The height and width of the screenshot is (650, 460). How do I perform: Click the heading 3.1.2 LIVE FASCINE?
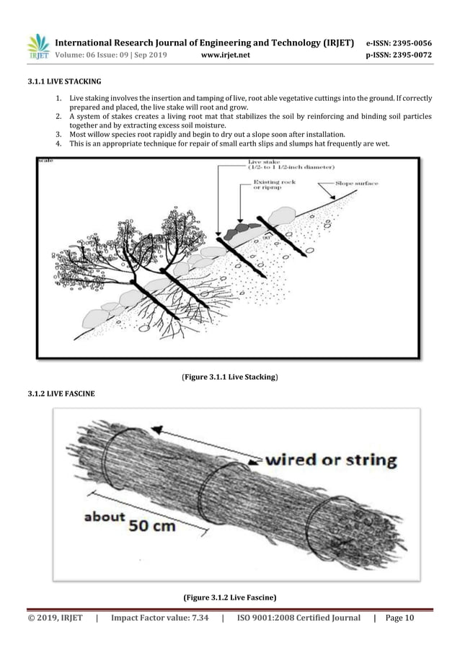click(60, 393)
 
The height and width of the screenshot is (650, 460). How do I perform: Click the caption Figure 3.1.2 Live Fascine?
click(229, 597)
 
